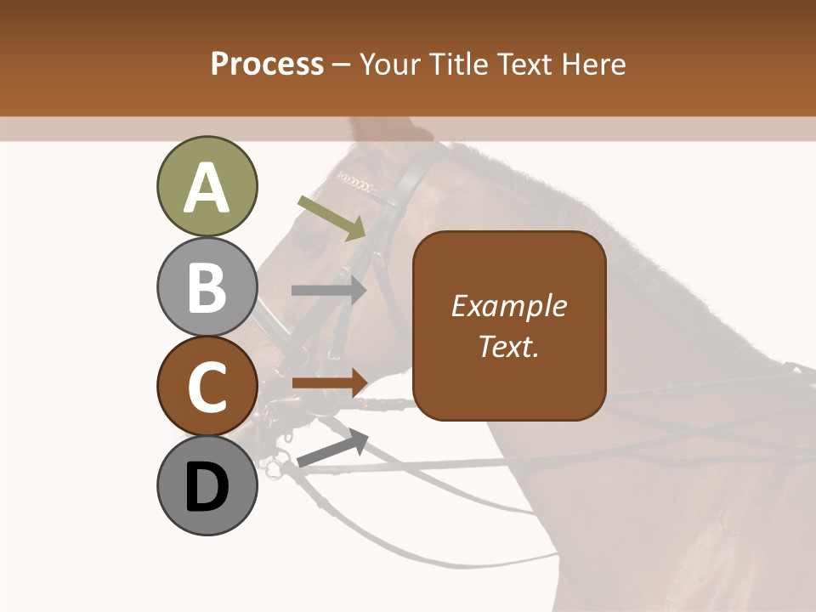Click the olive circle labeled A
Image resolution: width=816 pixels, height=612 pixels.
[x=207, y=186]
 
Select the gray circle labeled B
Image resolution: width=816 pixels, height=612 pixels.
[x=207, y=286]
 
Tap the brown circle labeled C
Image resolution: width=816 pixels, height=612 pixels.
[x=207, y=386]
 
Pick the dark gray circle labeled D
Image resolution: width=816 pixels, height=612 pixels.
[x=207, y=485]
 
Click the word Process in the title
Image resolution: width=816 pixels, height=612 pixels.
[x=267, y=65]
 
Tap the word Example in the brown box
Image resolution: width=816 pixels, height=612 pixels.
[x=508, y=306]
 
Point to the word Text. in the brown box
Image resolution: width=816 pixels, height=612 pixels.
[x=508, y=346]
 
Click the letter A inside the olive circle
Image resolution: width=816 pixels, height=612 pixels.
[x=207, y=188]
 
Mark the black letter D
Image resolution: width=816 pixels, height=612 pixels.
[x=207, y=487]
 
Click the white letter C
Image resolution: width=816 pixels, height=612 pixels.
[x=207, y=388]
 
